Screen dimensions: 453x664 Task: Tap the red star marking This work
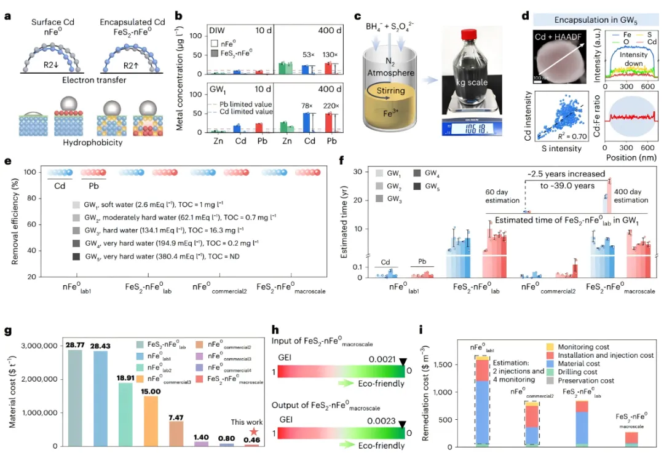(x=253, y=432)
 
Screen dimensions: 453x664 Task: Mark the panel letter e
(x=7, y=162)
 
